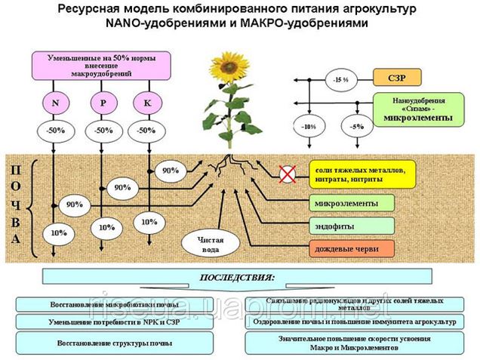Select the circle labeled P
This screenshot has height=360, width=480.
(x=103, y=101)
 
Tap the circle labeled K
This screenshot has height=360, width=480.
(x=148, y=101)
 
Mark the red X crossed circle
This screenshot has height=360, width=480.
(x=288, y=175)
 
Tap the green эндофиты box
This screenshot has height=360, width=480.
(x=352, y=226)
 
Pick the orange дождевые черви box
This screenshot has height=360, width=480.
(x=352, y=248)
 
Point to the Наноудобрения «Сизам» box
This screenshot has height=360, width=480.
(x=418, y=109)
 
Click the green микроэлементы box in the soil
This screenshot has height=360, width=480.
(x=352, y=203)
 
